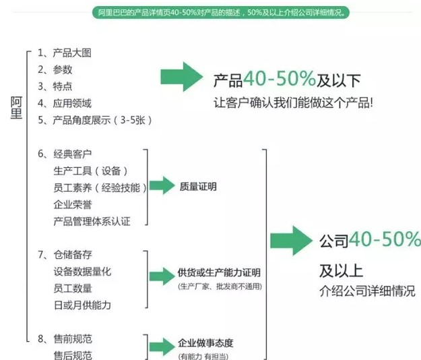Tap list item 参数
[x=59, y=69]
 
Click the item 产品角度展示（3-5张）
[x=96, y=120]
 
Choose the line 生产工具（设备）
[x=90, y=171]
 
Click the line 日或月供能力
[x=82, y=305]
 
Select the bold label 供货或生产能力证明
[x=219, y=272]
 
